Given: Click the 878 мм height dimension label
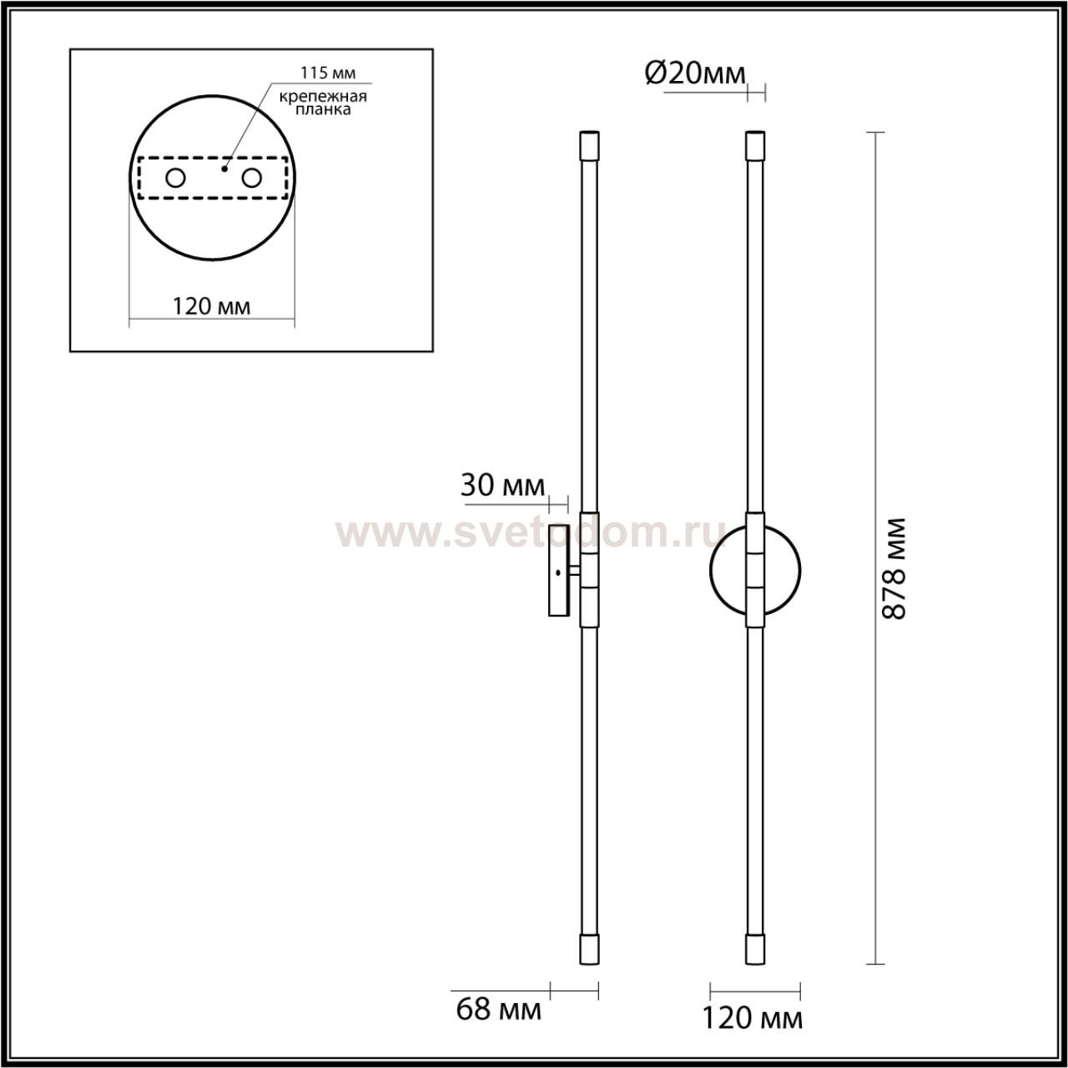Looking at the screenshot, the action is pyautogui.click(x=893, y=569).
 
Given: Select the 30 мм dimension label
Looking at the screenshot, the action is pyautogui.click(x=502, y=486).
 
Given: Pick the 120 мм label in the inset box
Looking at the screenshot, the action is pyautogui.click(x=212, y=306).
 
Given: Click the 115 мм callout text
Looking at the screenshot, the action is pyautogui.click(x=328, y=73).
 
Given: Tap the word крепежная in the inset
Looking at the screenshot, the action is pyautogui.click(x=323, y=97).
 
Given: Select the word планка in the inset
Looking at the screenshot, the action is pyautogui.click(x=323, y=109).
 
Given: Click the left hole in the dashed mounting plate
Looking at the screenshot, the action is pyautogui.click(x=176, y=178).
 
